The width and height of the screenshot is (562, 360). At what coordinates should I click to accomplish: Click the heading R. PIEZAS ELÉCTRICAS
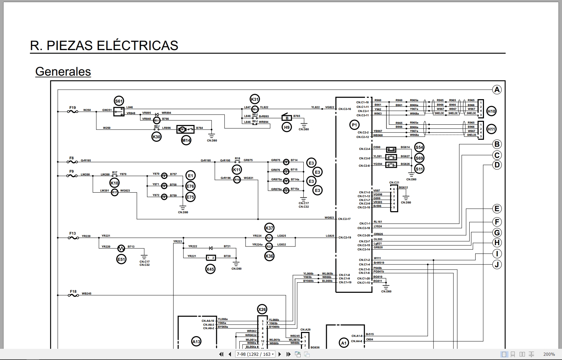[104, 46]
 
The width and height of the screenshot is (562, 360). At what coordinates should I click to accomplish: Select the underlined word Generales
[63, 71]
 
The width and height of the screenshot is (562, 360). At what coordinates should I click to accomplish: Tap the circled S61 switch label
[119, 102]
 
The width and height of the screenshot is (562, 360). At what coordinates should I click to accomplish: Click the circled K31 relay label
[255, 99]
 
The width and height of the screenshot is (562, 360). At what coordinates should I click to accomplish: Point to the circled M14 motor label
[186, 140]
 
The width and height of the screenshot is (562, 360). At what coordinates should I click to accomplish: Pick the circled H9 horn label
[287, 127]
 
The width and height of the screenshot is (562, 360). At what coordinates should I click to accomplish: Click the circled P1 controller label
[354, 125]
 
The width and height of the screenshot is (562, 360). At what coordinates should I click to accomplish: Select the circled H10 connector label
[491, 111]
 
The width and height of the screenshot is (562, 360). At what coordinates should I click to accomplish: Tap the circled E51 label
[121, 259]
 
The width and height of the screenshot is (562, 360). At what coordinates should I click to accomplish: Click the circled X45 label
[210, 269]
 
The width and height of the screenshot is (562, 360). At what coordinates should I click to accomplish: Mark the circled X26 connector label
[262, 309]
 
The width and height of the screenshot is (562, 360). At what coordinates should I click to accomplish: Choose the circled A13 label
[196, 341]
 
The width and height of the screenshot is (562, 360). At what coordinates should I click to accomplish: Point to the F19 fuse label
[72, 108]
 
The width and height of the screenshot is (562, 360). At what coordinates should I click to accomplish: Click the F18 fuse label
[73, 291]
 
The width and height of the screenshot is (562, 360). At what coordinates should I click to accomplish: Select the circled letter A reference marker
[497, 90]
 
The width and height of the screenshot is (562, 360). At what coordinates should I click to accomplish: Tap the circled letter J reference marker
[497, 264]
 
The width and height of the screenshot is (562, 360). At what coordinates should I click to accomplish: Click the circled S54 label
[419, 147]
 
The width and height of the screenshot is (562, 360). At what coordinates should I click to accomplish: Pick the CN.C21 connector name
[394, 182]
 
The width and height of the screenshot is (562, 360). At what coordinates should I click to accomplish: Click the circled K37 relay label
[269, 228]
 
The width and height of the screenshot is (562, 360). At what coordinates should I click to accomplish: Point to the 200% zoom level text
[549, 354]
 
